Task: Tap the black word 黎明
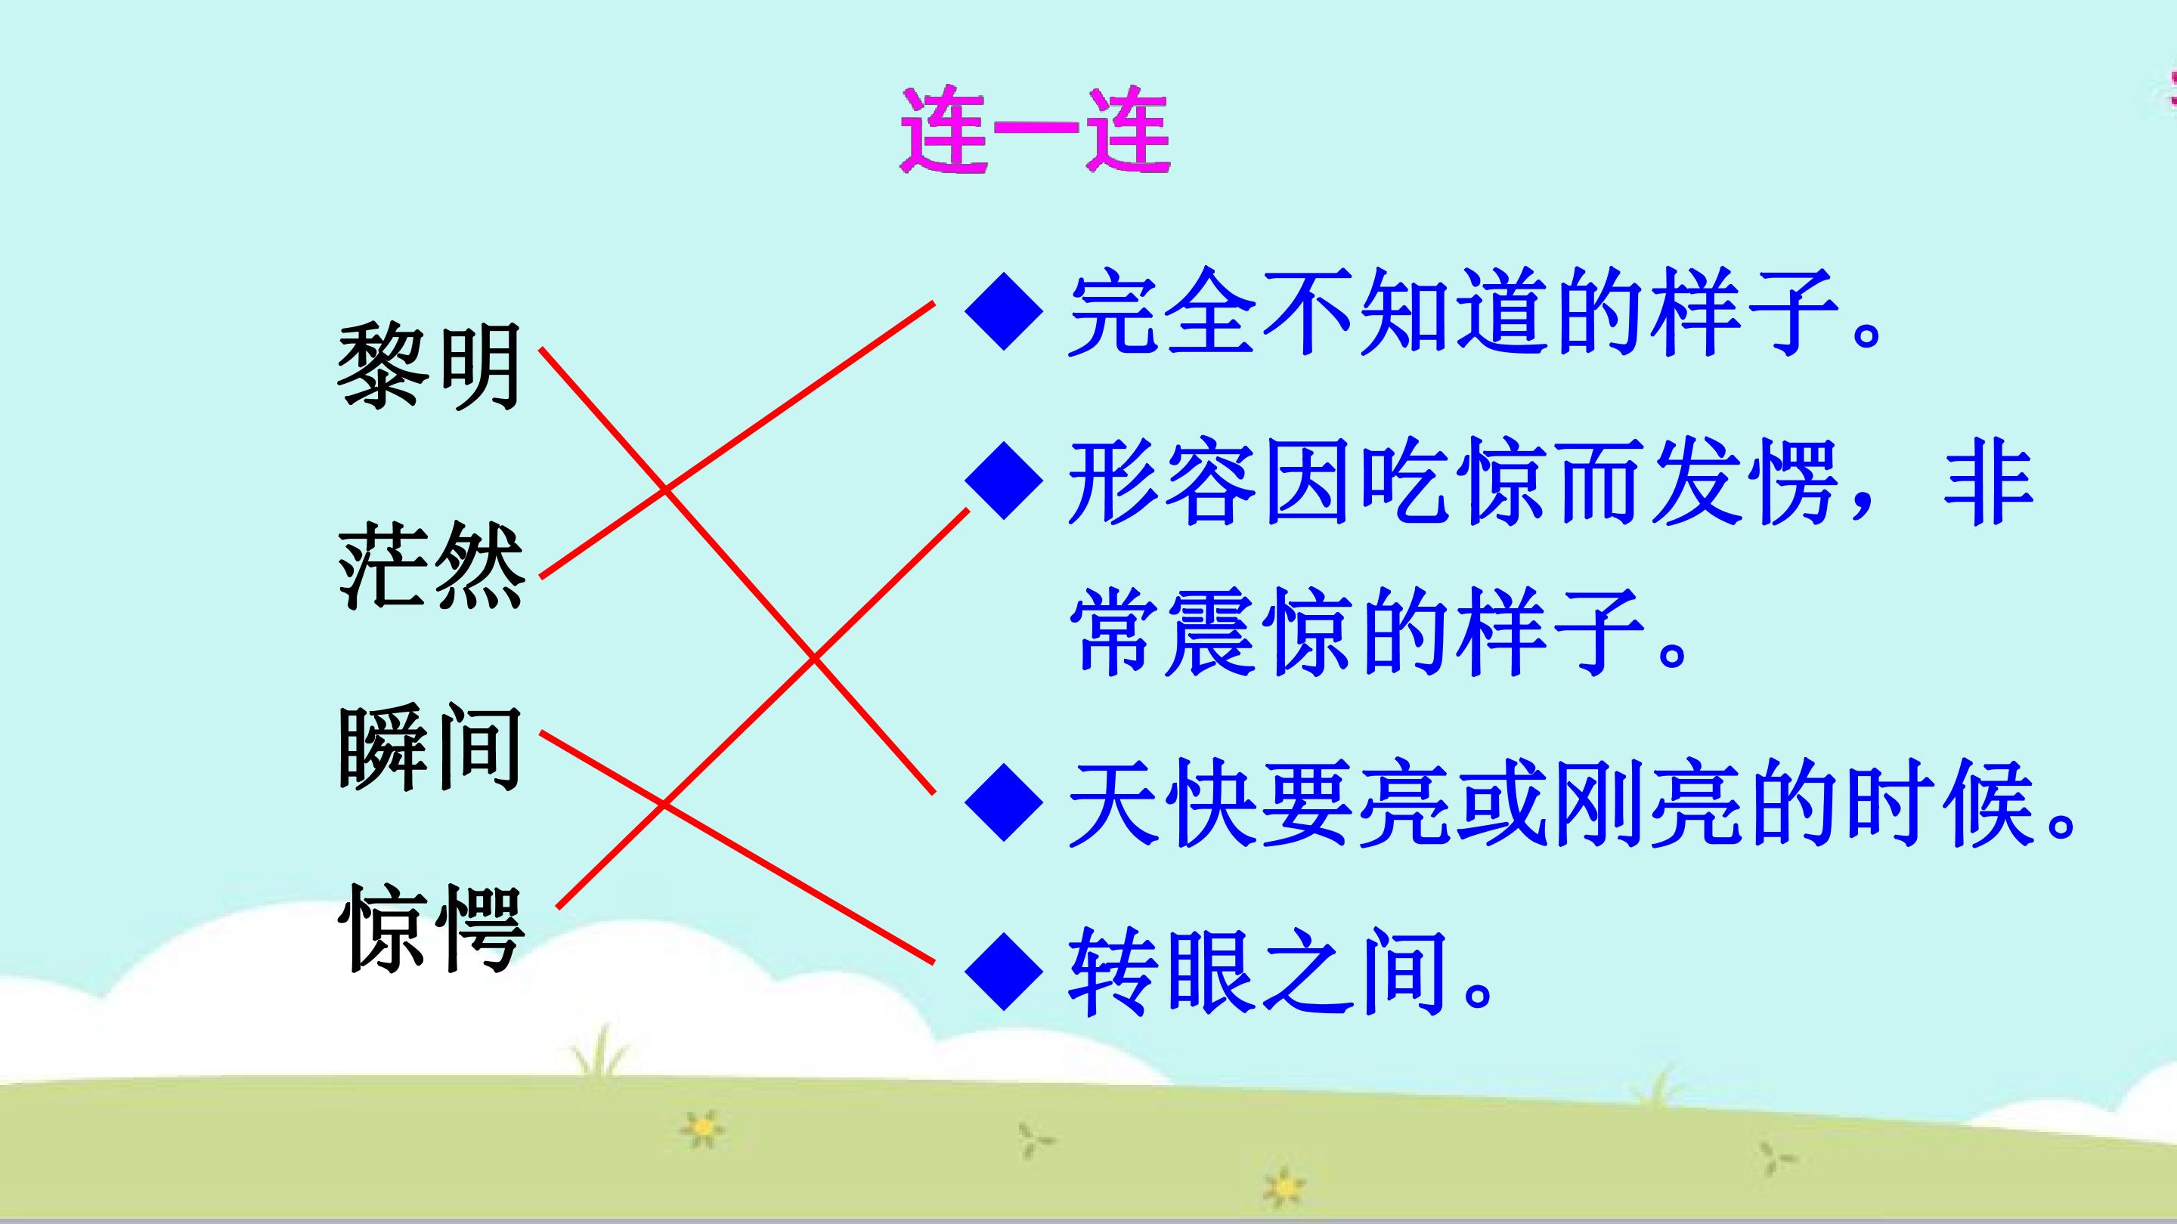click(x=429, y=367)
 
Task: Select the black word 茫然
click(x=430, y=565)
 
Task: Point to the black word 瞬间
click(x=429, y=749)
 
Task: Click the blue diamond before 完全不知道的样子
click(x=1003, y=311)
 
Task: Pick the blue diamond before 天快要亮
click(x=1003, y=803)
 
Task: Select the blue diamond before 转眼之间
click(x=1003, y=972)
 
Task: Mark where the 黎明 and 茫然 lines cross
click(x=665, y=489)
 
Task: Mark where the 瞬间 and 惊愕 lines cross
click(x=664, y=805)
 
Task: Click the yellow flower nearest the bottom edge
click(x=1283, y=1187)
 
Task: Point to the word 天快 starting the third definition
click(x=1161, y=803)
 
